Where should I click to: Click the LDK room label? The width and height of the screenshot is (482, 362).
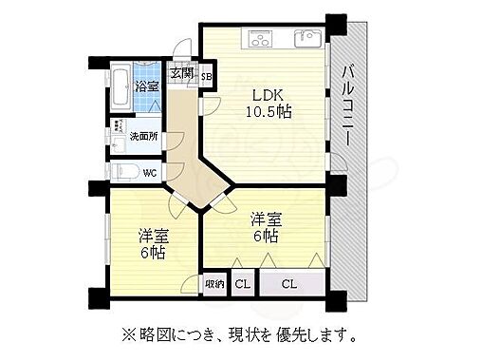coord(269,94)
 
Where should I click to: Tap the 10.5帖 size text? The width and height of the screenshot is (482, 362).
coord(269,111)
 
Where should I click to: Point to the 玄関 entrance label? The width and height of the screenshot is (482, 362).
coord(180,73)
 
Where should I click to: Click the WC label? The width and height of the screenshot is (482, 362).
coord(150,173)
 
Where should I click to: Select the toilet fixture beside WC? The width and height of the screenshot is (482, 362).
coord(123,172)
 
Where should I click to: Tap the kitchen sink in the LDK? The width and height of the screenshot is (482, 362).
coord(306,39)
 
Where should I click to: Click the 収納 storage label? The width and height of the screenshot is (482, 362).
coord(213,283)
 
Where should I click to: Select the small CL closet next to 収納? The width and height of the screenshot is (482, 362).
coord(242,283)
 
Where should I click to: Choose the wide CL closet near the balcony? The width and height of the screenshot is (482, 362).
coord(289,283)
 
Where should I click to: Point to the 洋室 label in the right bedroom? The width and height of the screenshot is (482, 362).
coord(266,218)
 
